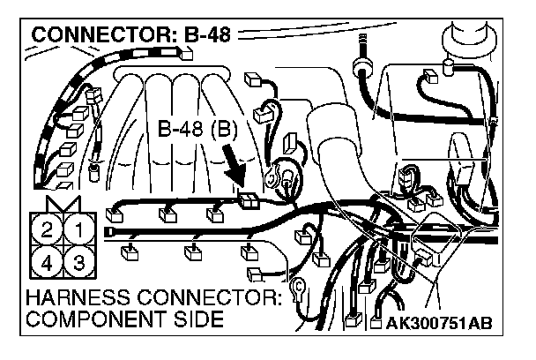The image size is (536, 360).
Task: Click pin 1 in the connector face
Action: click(x=79, y=233)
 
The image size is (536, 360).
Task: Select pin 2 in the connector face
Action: click(x=47, y=233)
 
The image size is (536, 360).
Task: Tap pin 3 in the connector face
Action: click(x=79, y=263)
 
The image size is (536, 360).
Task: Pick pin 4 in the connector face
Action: click(x=47, y=263)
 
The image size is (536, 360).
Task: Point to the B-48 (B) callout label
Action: click(x=197, y=129)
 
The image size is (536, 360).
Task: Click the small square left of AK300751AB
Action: click(x=376, y=324)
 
